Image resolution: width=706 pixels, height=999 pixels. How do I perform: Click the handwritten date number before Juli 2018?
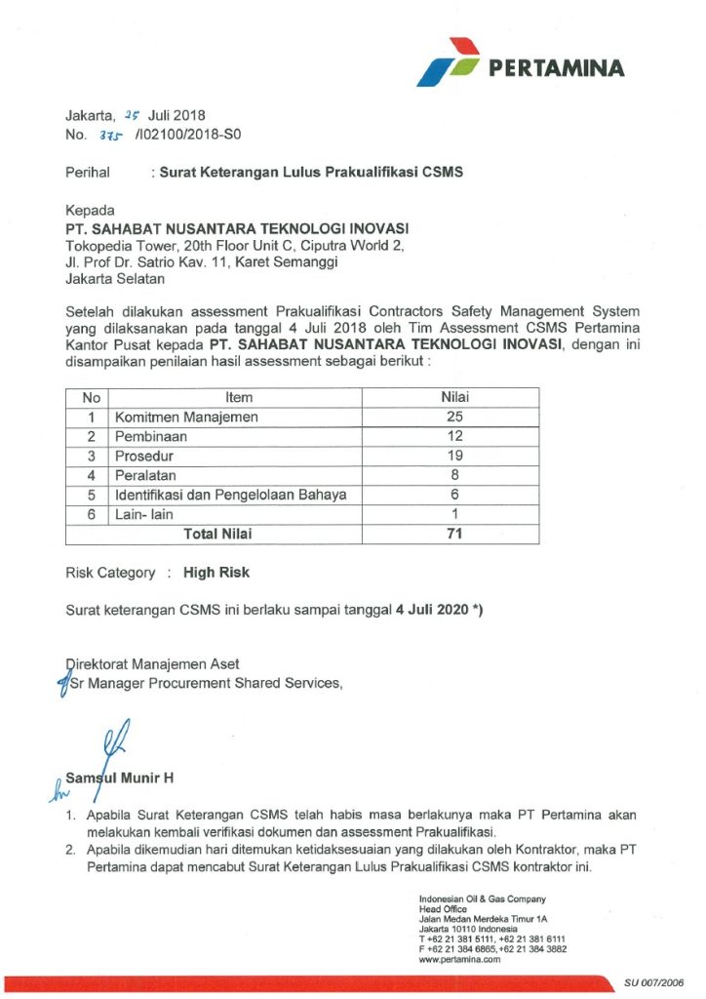pos(133,115)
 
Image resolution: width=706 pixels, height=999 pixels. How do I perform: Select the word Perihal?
pos(89,173)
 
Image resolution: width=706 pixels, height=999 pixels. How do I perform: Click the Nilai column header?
pos(450,398)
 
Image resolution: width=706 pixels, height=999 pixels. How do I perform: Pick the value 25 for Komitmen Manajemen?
pos(450,418)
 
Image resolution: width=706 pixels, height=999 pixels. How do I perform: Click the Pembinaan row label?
pos(151,437)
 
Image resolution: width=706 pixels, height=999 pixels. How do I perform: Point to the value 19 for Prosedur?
pos(450,457)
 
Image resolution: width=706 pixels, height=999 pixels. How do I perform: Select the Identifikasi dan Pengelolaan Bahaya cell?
pos(231,496)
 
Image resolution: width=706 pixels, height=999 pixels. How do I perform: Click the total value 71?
pos(450,534)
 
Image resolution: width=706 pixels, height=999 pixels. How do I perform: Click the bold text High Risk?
pos(216,573)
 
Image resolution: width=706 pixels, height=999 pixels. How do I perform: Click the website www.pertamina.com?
pos(459,960)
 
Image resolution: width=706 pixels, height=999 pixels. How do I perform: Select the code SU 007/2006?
pos(654,983)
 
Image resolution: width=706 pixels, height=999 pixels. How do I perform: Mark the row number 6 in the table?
pos(91,514)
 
